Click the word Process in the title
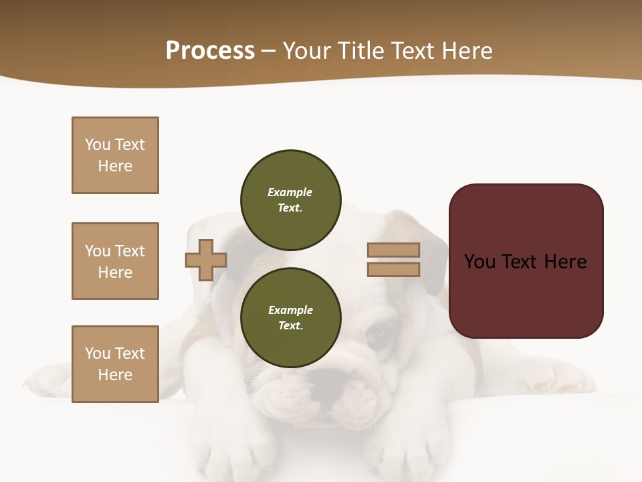[210, 51]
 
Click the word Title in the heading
[361, 51]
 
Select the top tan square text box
[115, 155]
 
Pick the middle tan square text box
[115, 261]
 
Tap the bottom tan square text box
[115, 364]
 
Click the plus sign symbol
[206, 260]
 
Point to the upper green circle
[290, 199]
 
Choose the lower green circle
[290, 317]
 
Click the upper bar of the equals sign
[393, 250]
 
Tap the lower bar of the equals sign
[393, 270]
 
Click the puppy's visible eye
[379, 333]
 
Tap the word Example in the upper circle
[290, 192]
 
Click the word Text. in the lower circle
[290, 326]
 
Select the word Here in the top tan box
[115, 166]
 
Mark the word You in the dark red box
[479, 262]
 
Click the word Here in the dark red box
[565, 262]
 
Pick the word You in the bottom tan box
[98, 353]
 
